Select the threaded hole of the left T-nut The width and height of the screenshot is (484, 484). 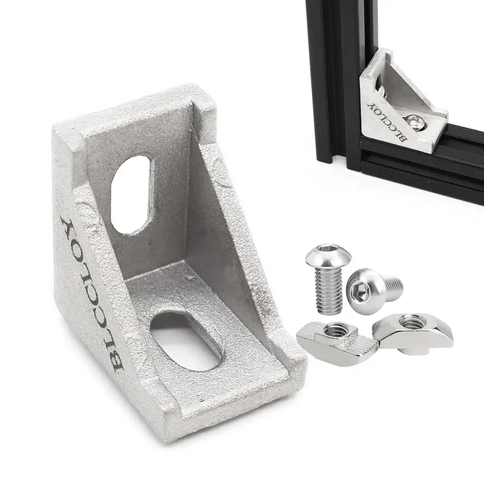(334, 331)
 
